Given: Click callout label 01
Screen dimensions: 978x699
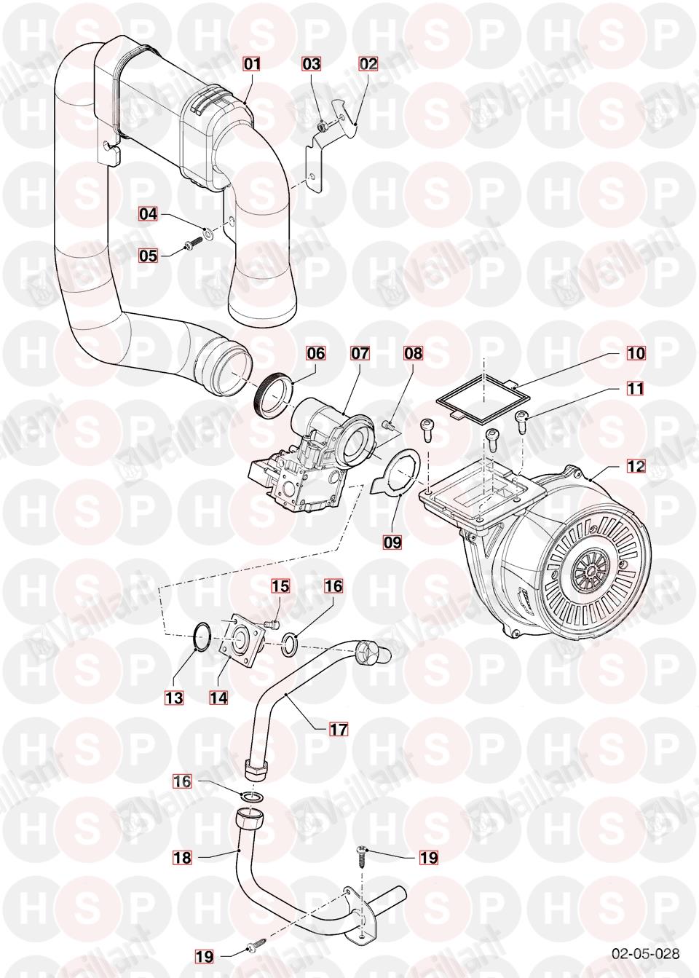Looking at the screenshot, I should tap(251, 64).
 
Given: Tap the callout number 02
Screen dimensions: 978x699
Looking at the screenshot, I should tap(368, 64).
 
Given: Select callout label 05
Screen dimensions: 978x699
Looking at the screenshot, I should tap(149, 256).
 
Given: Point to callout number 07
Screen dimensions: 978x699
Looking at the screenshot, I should tap(360, 354).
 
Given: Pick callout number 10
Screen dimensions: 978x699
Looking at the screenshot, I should tap(636, 354).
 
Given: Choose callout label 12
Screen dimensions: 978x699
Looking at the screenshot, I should tap(636, 465).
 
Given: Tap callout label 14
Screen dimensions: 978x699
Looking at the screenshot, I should tap(218, 698).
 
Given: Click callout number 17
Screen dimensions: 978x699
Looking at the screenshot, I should tap(339, 729).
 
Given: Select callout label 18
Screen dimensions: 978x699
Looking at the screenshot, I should tap(182, 858).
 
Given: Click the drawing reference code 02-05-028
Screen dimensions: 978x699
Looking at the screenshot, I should tap(646, 953).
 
